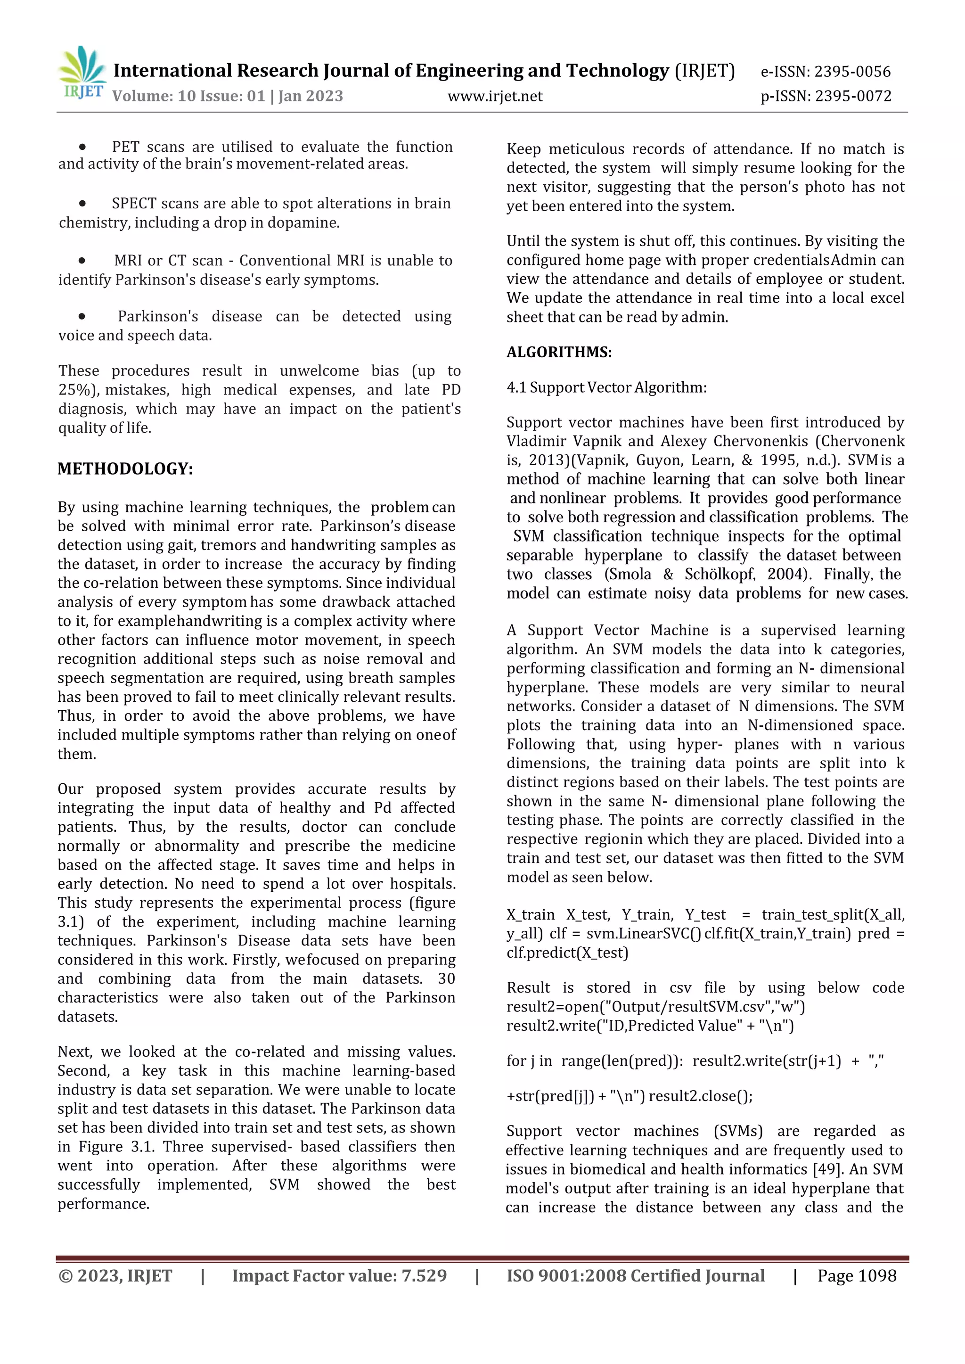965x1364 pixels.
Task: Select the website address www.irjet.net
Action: coord(494,96)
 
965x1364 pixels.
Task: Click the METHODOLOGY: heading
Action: coord(125,469)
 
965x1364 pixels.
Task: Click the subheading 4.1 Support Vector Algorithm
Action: coord(606,387)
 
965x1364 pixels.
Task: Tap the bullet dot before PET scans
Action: coord(82,147)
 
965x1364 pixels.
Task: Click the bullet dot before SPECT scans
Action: coord(82,203)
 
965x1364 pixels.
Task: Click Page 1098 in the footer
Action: coord(856,1275)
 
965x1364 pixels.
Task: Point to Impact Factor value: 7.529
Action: coord(339,1275)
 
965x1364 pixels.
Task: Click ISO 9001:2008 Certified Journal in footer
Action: coord(635,1275)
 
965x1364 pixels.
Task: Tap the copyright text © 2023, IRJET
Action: coord(115,1275)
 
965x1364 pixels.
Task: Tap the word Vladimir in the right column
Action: coord(535,442)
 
